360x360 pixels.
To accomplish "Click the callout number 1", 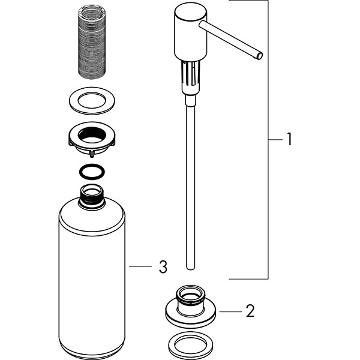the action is (290, 139).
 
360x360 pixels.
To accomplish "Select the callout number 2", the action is (250, 311).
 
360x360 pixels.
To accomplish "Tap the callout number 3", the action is (163, 266).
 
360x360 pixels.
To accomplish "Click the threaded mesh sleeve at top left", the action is (92, 43).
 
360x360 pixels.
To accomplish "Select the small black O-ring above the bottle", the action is (92, 172).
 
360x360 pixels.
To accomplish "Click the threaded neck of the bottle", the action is (92, 197).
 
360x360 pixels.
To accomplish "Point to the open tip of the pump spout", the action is (260, 56).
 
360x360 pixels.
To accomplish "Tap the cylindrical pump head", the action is (191, 32).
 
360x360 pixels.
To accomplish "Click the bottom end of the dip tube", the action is (190, 268).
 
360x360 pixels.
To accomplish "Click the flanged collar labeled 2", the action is (191, 307).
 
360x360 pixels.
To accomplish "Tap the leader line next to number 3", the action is (140, 266).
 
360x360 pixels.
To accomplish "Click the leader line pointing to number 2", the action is (230, 311).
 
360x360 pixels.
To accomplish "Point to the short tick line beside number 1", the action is (275, 139).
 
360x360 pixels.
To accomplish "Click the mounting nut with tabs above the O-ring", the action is (92, 140).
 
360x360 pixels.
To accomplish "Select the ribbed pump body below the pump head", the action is (191, 78).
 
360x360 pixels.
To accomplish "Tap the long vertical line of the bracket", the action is (268, 140).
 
